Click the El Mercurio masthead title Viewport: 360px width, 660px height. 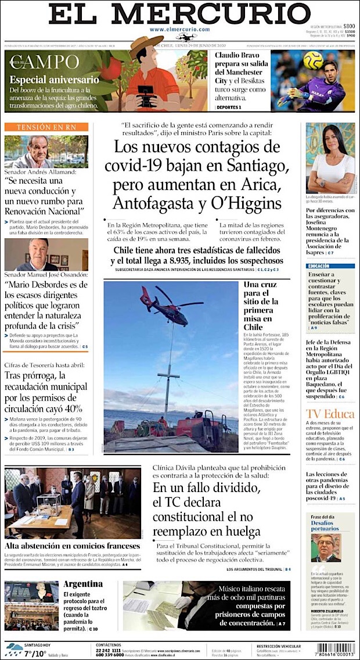tap(179, 13)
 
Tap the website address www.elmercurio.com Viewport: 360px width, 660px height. tap(179, 29)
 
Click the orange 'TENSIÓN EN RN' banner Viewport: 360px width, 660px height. tap(46, 127)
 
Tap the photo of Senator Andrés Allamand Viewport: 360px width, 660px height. tap(46, 152)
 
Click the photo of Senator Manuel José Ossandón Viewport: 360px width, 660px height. tap(46, 254)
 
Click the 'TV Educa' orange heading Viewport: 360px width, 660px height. tap(330, 414)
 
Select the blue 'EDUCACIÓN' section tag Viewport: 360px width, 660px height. tap(323, 266)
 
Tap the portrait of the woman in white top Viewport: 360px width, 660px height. tap(330, 158)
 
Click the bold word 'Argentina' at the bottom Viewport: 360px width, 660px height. tap(83, 584)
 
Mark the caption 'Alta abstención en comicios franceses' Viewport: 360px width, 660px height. tap(72, 546)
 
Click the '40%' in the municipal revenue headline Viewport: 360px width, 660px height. tap(70, 408)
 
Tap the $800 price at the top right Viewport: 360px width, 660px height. tap(348, 26)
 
